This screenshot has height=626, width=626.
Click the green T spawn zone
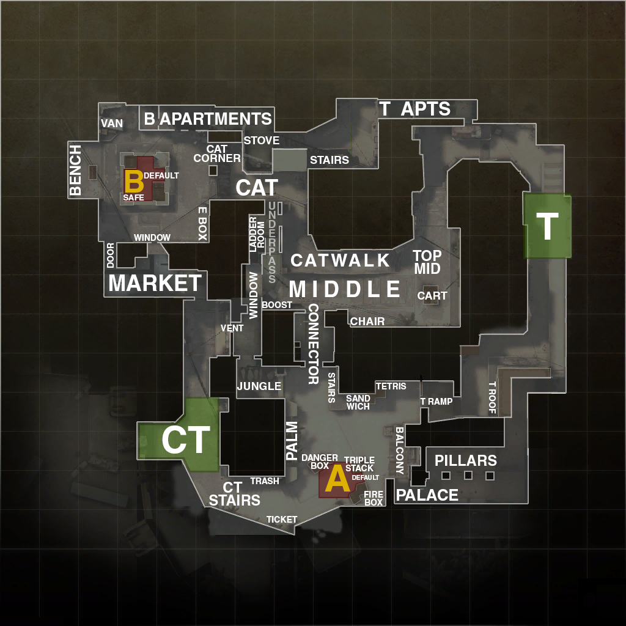click(x=547, y=226)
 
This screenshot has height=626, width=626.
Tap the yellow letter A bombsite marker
click(x=337, y=480)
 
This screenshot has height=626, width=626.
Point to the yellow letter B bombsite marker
click(x=134, y=182)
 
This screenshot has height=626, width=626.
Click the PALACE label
click(x=427, y=495)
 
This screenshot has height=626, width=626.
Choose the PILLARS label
click(x=465, y=460)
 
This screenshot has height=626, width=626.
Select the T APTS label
click(x=415, y=109)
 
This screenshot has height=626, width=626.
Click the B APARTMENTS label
click(x=208, y=119)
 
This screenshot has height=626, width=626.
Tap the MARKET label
click(x=155, y=283)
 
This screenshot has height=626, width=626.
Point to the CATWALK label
click(x=340, y=260)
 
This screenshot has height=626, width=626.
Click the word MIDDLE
click(x=345, y=289)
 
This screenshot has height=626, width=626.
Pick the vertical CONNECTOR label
click(x=313, y=344)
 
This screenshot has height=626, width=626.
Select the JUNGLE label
click(x=259, y=386)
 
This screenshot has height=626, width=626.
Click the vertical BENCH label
click(x=75, y=170)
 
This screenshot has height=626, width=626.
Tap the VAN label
click(x=112, y=123)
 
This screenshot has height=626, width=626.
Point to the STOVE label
click(x=262, y=141)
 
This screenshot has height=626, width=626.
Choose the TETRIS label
click(x=391, y=386)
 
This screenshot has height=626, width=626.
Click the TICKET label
click(x=282, y=520)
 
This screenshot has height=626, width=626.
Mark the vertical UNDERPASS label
click(x=272, y=242)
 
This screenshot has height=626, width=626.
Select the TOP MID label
click(x=427, y=262)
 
